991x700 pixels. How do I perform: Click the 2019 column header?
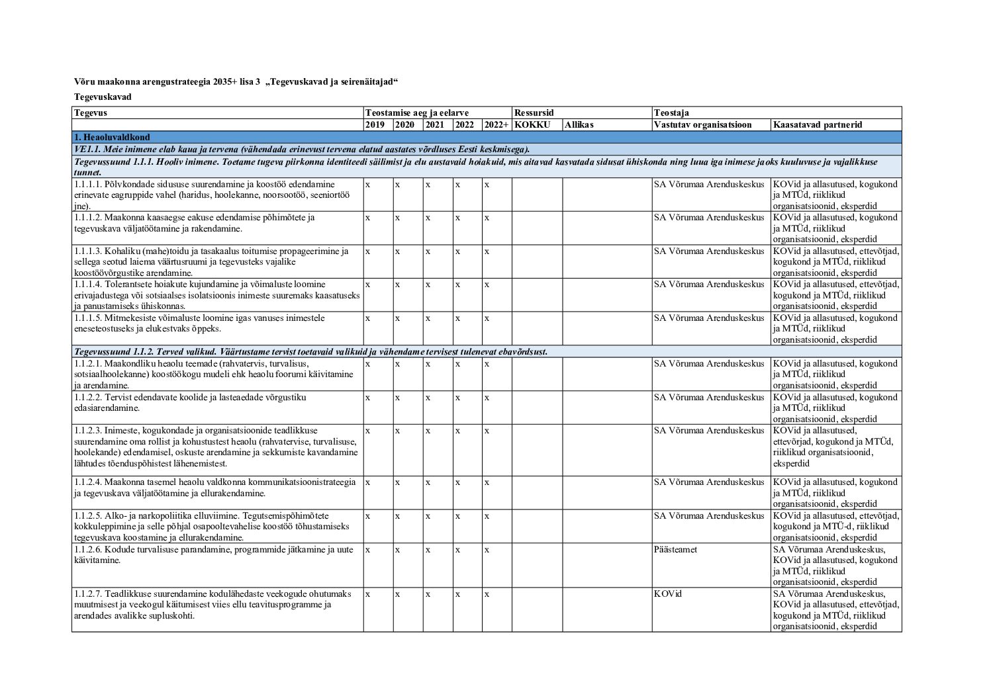point(375,124)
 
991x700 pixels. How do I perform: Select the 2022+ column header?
point(496,124)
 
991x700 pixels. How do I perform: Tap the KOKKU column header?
point(532,124)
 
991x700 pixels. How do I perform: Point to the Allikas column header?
point(579,124)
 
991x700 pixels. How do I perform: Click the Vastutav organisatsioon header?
point(702,124)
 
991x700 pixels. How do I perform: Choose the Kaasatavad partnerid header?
point(818,124)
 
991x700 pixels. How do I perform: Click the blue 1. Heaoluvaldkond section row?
point(487,137)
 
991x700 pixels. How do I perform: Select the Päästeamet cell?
point(675,549)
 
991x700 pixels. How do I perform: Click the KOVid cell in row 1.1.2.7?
point(667,593)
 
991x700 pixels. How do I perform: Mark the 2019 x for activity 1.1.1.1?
point(367,184)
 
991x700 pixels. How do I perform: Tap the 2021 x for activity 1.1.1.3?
point(428,251)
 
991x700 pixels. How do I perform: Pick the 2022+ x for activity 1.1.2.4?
point(487,482)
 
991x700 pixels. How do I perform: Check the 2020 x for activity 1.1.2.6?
point(397,549)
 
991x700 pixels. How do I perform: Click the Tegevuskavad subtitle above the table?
point(103,97)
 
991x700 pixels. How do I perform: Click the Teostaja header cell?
point(671,112)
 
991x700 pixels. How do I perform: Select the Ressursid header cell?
point(534,112)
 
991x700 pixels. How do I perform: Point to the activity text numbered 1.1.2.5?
point(212,527)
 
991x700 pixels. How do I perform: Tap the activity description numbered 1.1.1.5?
point(199,323)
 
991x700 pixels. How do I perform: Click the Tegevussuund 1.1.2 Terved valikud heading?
point(310,351)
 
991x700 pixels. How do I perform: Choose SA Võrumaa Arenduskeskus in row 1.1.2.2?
point(709,397)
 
